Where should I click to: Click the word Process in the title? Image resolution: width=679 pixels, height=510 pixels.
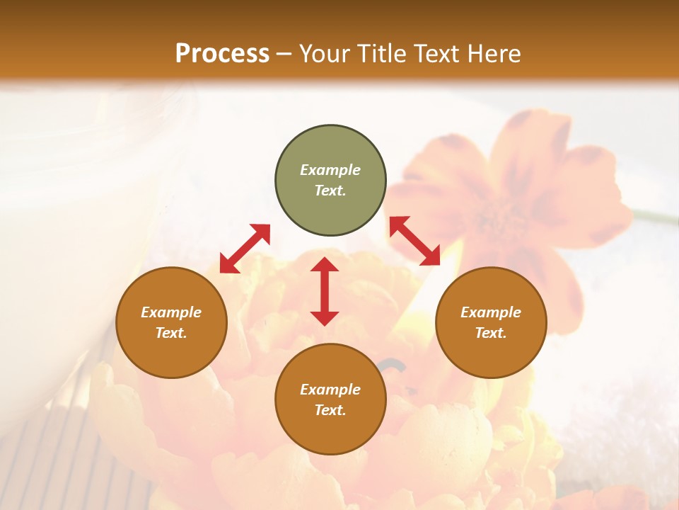click(x=222, y=54)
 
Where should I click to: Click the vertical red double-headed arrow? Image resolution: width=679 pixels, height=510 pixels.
click(x=325, y=291)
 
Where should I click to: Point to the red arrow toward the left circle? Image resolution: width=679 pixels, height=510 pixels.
click(x=245, y=248)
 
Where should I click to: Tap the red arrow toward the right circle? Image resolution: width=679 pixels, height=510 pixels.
click(x=414, y=241)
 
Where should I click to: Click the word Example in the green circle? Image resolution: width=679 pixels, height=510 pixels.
click(x=330, y=170)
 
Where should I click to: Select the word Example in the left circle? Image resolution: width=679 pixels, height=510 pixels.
click(x=171, y=312)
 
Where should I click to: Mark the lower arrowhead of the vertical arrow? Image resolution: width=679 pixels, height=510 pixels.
click(x=325, y=318)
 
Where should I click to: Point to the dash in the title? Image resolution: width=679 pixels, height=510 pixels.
click(x=284, y=55)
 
